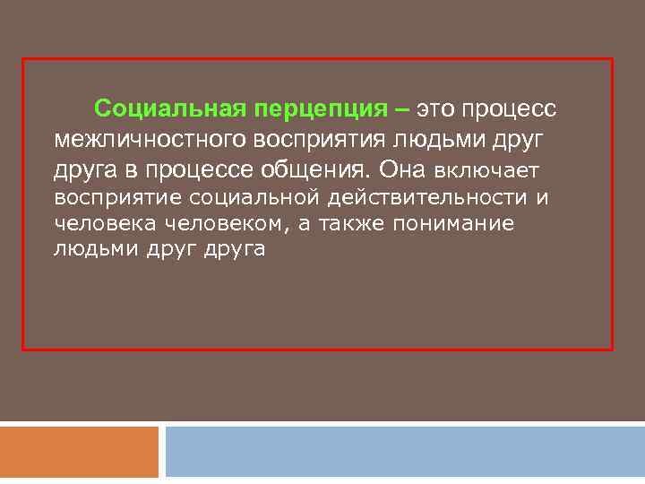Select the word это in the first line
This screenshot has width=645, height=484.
(435, 109)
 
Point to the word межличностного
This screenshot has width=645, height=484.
(150, 139)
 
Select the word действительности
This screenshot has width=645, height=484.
(420, 196)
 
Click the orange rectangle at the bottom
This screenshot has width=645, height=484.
(79, 452)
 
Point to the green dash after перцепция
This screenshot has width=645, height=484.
(400, 109)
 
